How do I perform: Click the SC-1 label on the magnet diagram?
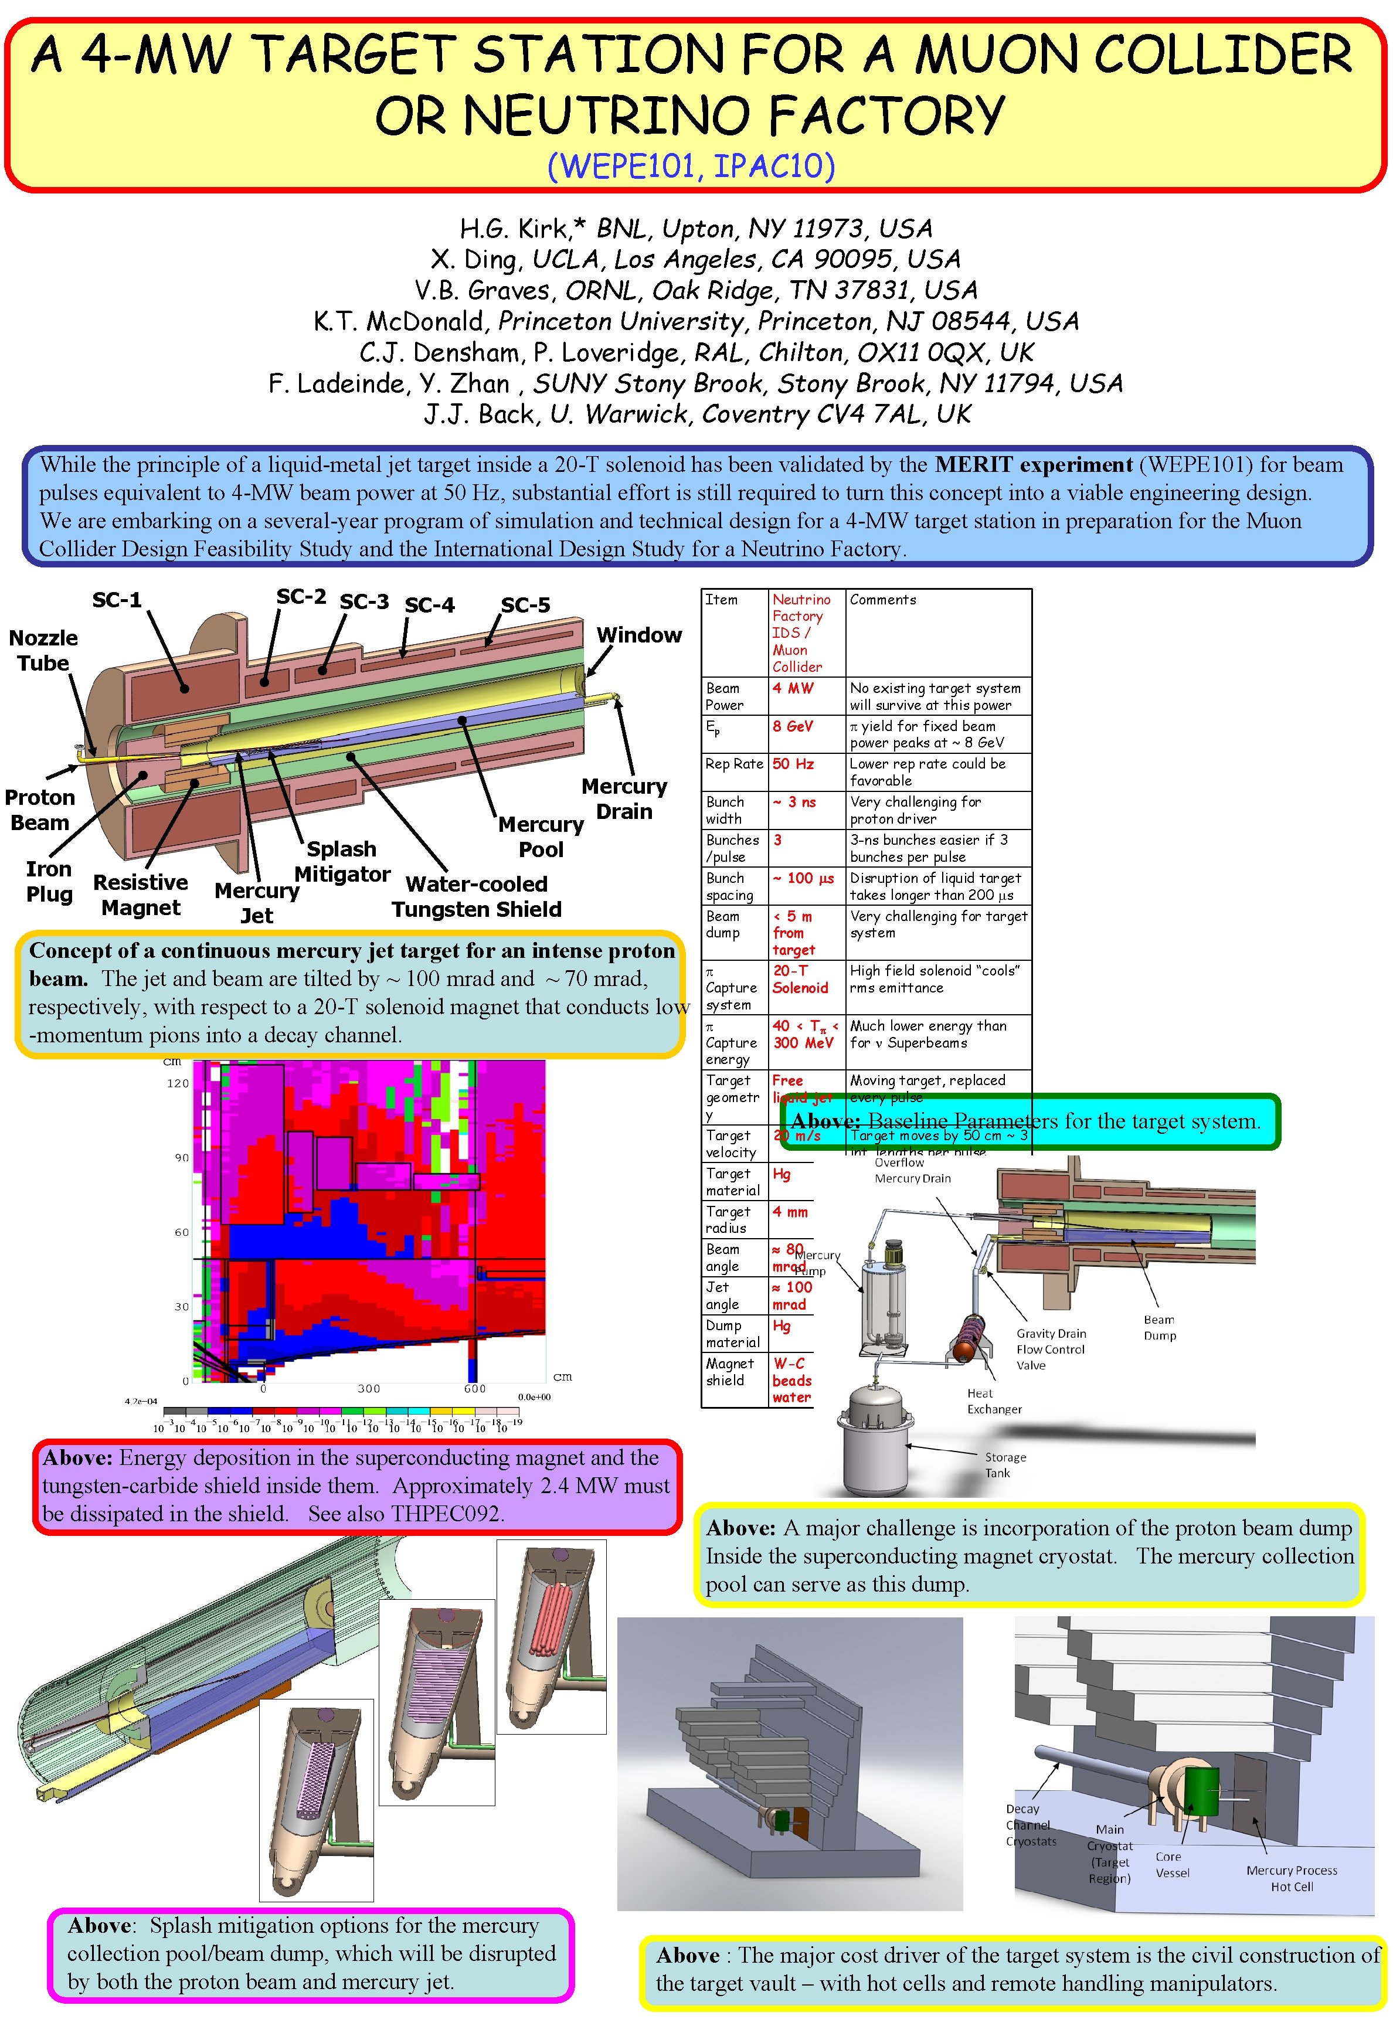[x=117, y=600]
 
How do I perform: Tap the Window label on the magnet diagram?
[x=639, y=635]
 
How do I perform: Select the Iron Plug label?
[x=49, y=881]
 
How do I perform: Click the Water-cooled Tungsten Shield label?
[x=477, y=896]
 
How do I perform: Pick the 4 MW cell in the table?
[x=793, y=688]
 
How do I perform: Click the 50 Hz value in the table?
[x=793, y=764]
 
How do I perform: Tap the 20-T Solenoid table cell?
[x=800, y=979]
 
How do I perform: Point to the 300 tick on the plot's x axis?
[x=368, y=1388]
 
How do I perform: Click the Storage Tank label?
[x=1005, y=1465]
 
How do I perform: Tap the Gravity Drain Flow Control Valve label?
[x=1051, y=1349]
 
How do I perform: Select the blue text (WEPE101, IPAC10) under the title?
[x=691, y=166]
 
